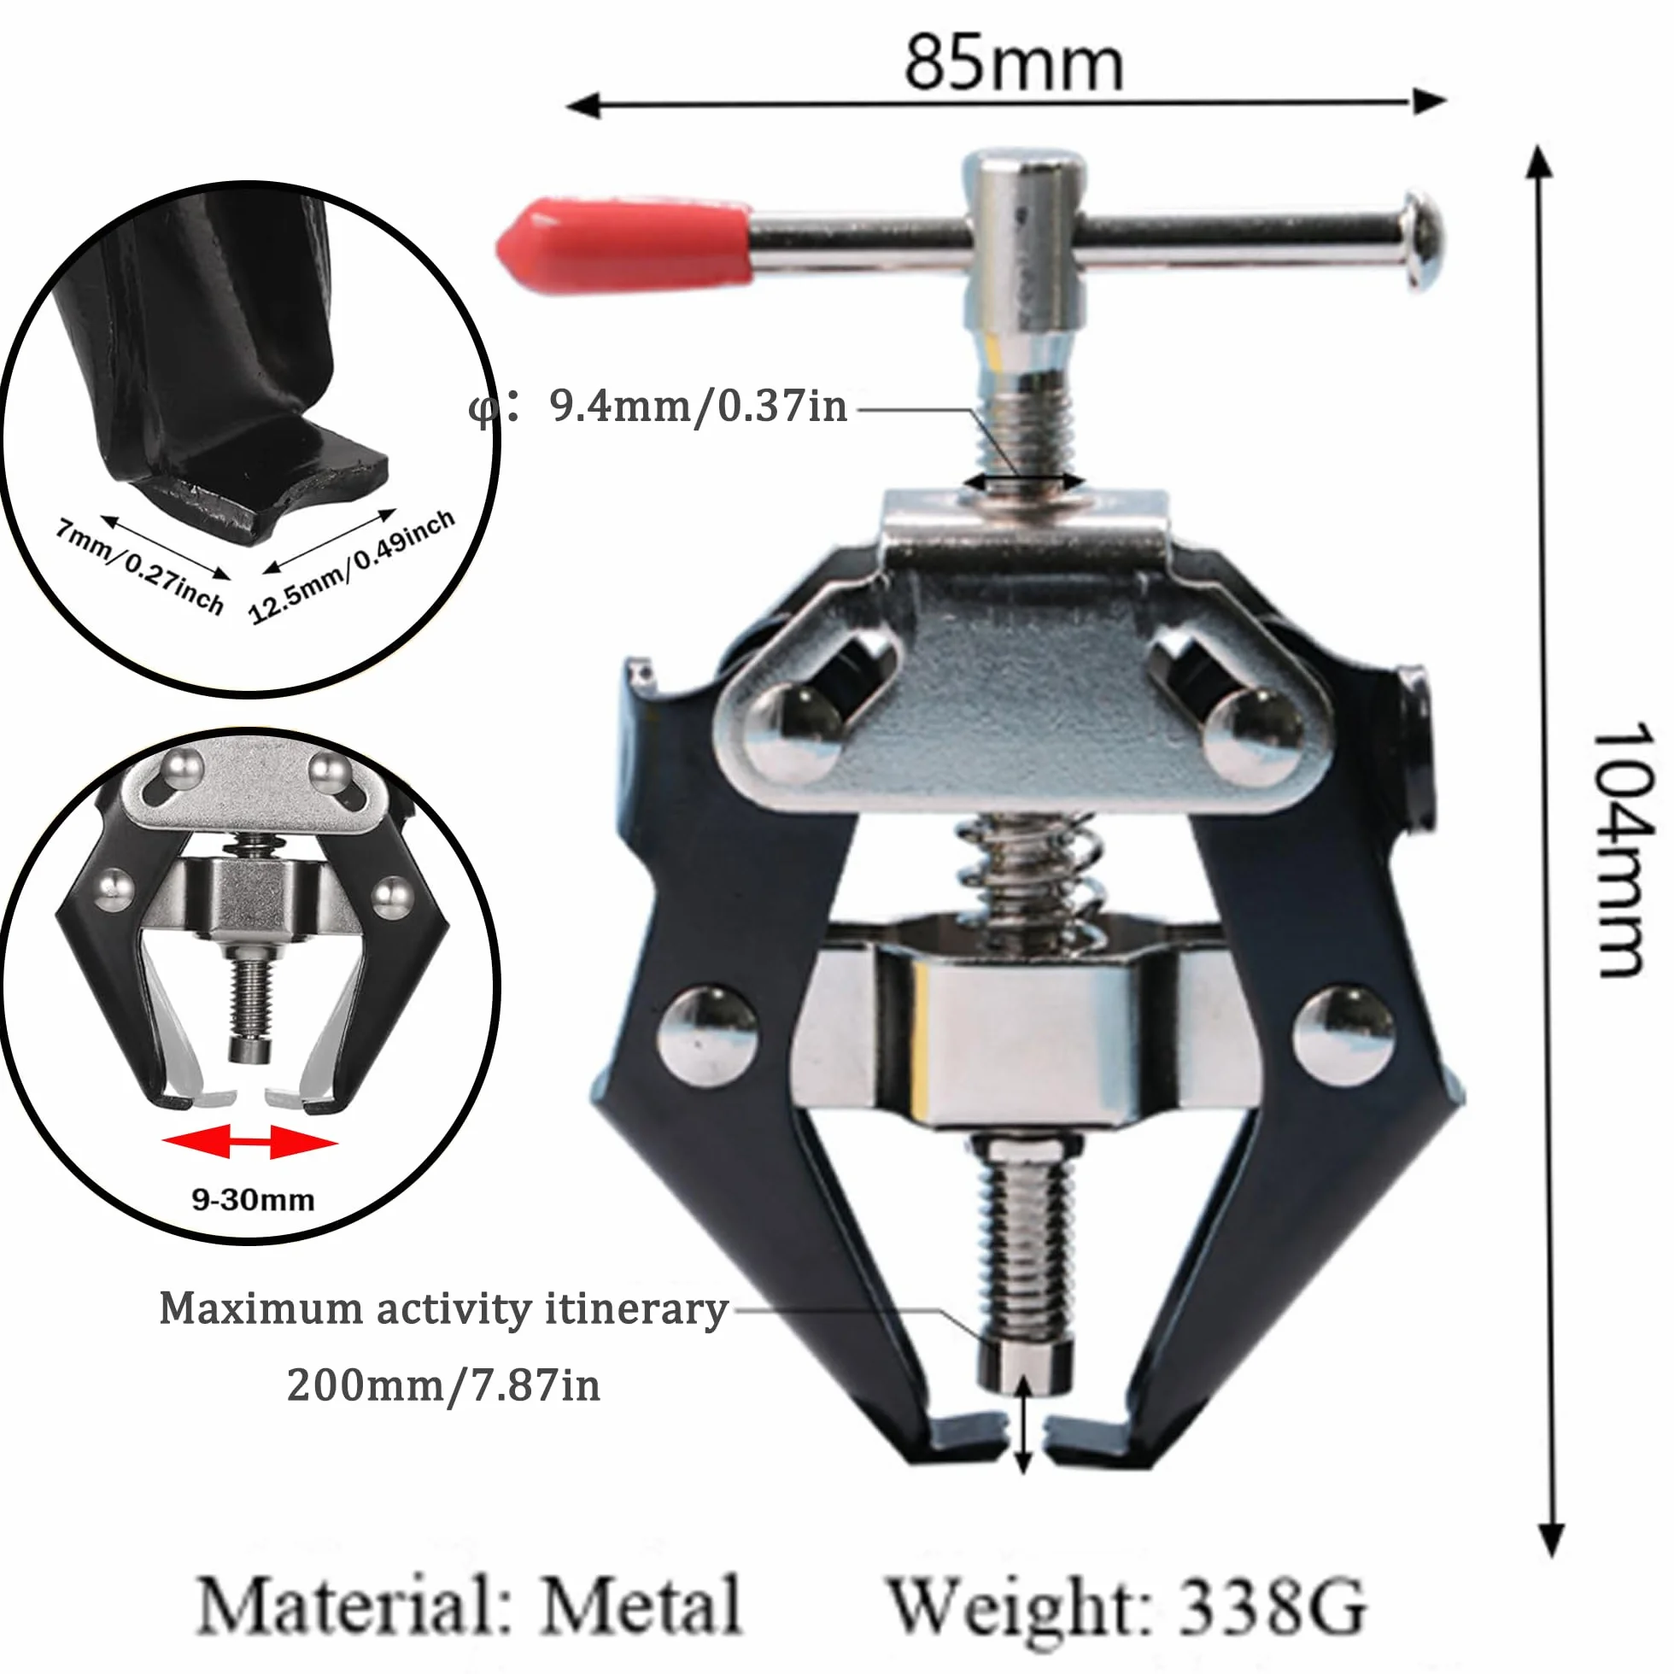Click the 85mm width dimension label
click(x=1014, y=62)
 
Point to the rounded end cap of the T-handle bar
click(x=1424, y=240)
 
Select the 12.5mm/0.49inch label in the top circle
click(x=351, y=565)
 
